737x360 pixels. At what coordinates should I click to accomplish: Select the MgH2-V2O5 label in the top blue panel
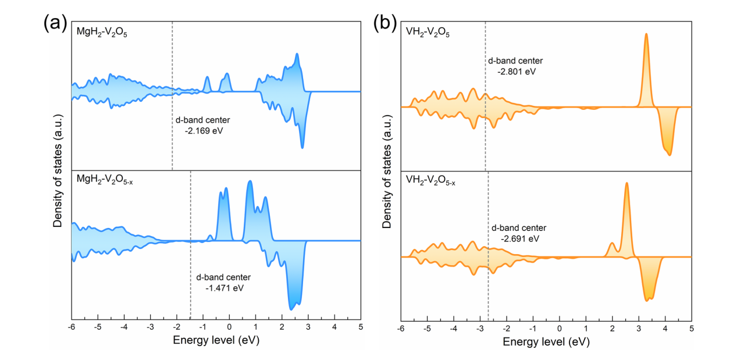point(102,33)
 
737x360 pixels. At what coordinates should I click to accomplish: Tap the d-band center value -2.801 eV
point(517,71)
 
